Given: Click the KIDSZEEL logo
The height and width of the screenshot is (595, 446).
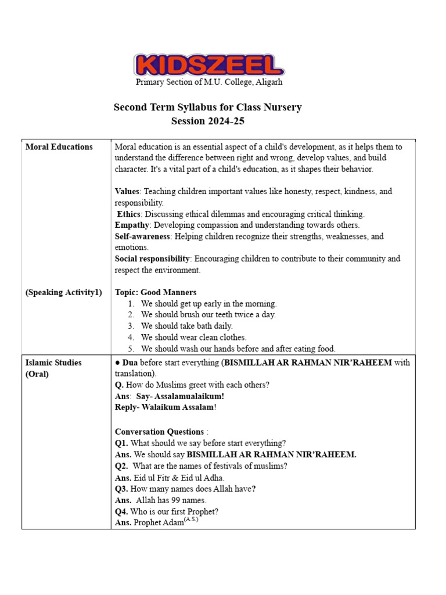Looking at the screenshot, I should coord(209,65).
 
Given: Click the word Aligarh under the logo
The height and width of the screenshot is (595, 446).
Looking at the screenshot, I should coord(268,82).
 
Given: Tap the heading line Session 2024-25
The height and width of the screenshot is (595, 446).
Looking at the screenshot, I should coord(208,121).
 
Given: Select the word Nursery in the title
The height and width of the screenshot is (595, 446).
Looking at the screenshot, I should coord(283,107).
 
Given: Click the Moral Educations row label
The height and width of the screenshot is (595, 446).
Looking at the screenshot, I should coord(59,147).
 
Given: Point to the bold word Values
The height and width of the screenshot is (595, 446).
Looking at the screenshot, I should coord(127,191).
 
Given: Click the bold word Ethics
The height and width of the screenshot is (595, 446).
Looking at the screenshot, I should coord(129,214).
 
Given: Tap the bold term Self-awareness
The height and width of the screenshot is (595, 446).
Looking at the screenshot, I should coord(142,236).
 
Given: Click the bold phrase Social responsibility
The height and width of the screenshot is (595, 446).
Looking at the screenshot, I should coord(152,259).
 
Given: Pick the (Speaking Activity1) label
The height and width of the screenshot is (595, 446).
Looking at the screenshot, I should coord(63,292).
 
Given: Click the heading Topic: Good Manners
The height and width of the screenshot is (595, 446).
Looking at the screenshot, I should coord(156,292).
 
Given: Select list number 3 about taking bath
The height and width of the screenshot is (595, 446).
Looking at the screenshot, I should coord(131,326).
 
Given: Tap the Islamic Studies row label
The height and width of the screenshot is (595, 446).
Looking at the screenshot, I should coord(53,363).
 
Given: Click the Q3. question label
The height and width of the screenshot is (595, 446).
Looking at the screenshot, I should coord(122,489).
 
